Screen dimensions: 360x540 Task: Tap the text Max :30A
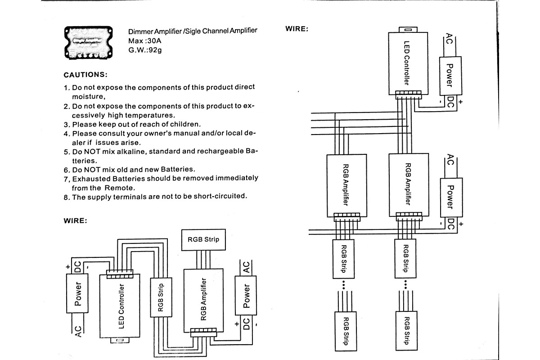click(145, 40)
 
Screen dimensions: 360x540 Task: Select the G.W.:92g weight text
click(145, 49)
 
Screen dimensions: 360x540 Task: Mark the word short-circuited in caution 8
click(217, 196)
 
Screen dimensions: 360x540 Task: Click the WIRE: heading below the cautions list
click(75, 220)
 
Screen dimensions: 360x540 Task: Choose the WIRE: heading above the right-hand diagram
click(297, 29)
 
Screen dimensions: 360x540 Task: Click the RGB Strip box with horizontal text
click(203, 239)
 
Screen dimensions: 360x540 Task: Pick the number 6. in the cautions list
click(67, 170)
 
